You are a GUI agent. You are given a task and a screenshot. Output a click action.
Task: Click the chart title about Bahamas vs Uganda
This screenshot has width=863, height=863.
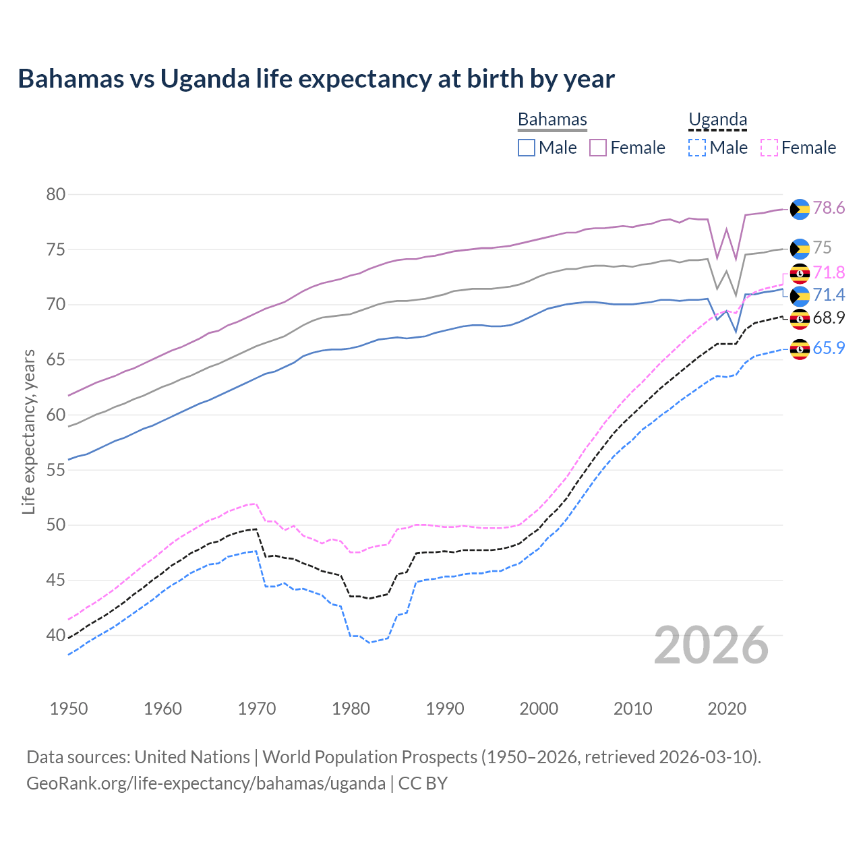coord(316,79)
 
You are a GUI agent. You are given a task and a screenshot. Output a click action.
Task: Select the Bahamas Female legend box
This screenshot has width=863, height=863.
coord(598,148)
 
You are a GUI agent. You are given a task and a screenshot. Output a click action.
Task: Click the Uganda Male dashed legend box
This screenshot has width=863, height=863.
coord(697,148)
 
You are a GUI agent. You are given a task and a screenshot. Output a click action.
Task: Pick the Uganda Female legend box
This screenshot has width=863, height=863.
coord(769,148)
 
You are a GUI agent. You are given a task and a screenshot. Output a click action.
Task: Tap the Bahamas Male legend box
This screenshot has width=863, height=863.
coord(527,148)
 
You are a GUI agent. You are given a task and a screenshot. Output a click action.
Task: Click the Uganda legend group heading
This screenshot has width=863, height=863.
coord(717,119)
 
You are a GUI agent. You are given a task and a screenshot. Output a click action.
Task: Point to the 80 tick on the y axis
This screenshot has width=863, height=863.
coord(56,195)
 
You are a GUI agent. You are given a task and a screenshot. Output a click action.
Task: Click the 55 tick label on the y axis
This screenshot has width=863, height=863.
coord(56,470)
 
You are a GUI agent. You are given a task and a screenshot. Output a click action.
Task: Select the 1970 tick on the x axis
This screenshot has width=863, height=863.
coord(257,709)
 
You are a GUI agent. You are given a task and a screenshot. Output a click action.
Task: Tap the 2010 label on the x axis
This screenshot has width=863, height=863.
coord(632,709)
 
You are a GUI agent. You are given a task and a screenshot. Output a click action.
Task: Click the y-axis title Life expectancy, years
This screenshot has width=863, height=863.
coord(28,431)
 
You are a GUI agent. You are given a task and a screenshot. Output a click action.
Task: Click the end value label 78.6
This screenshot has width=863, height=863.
coord(829,208)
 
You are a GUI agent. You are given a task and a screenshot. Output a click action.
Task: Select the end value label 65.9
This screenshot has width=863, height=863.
coord(829,348)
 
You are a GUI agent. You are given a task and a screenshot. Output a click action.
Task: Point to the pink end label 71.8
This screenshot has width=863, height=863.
coord(829,272)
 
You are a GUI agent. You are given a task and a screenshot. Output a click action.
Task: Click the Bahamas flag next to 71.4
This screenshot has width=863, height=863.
coord(800,296)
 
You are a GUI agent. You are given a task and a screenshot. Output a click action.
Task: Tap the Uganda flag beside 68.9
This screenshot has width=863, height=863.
coord(800,318)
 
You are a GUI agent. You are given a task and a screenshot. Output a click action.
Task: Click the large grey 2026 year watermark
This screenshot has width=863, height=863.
coord(711,646)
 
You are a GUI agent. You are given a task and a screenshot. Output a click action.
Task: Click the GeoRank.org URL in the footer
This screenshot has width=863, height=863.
coord(206,783)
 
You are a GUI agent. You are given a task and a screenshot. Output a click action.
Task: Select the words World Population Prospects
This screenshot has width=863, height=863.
coord(369,757)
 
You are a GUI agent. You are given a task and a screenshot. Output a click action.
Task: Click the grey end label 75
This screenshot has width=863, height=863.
coord(822,248)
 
